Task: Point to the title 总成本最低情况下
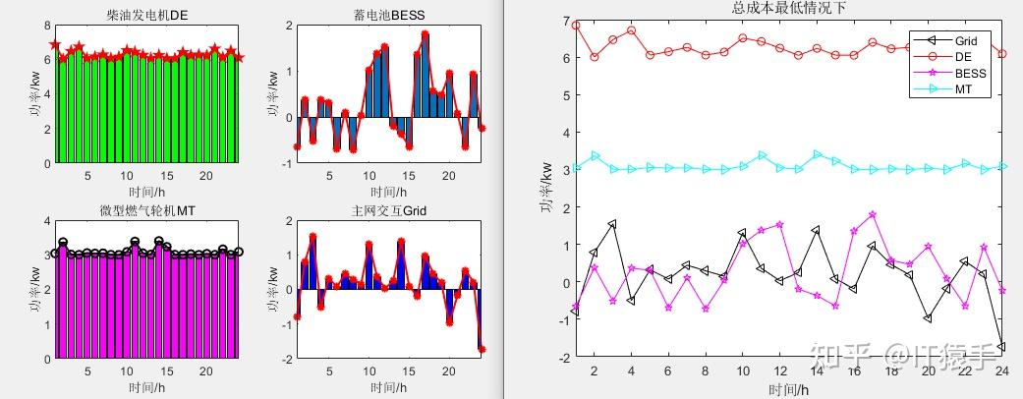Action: (788, 8)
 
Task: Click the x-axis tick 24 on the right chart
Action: (1001, 370)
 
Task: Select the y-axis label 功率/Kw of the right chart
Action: (543, 190)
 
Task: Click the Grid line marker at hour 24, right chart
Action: (1001, 346)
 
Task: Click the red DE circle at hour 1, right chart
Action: (576, 26)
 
